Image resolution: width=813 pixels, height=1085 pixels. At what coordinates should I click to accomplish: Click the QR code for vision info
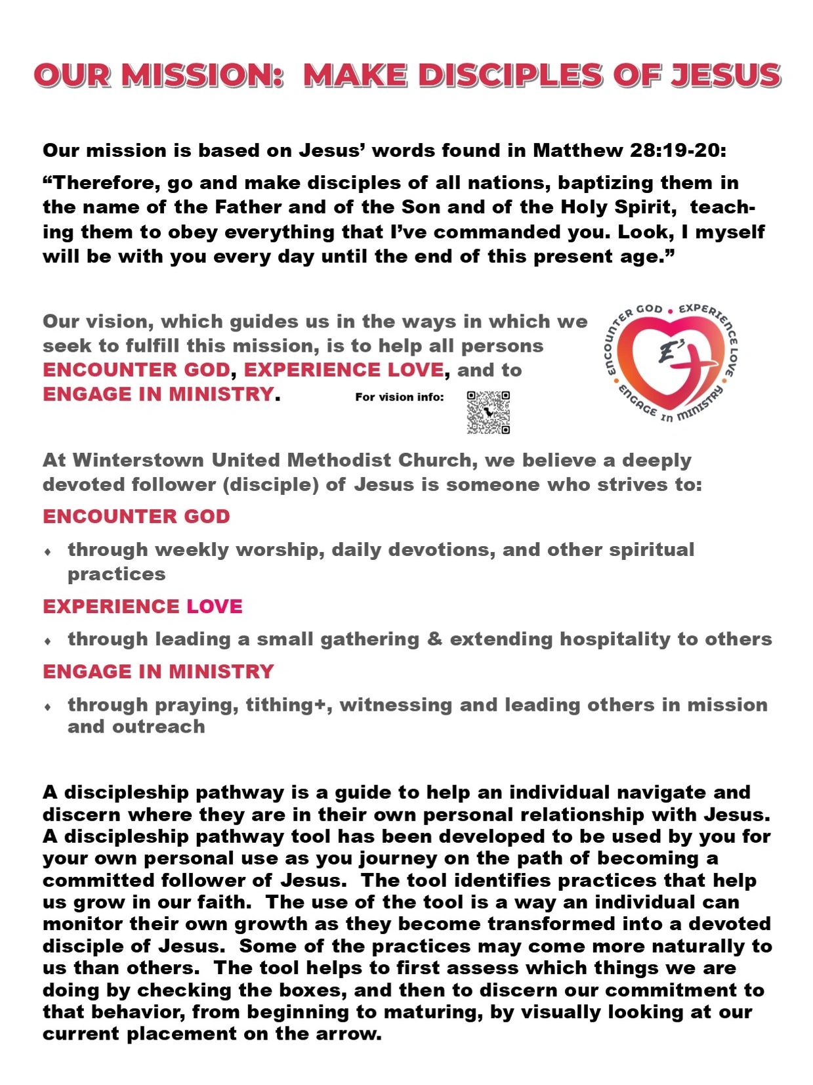point(488,412)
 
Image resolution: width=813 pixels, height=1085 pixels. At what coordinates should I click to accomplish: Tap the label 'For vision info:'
point(399,396)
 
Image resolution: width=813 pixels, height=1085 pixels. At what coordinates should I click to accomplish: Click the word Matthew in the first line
point(577,150)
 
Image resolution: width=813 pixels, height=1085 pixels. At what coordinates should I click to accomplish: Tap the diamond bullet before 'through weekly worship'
point(48,552)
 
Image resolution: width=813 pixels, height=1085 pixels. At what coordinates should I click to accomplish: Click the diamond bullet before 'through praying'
point(48,707)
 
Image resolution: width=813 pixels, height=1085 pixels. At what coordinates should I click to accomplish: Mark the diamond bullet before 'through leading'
point(48,641)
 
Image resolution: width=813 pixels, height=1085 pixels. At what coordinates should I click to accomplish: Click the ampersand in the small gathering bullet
point(434,639)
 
